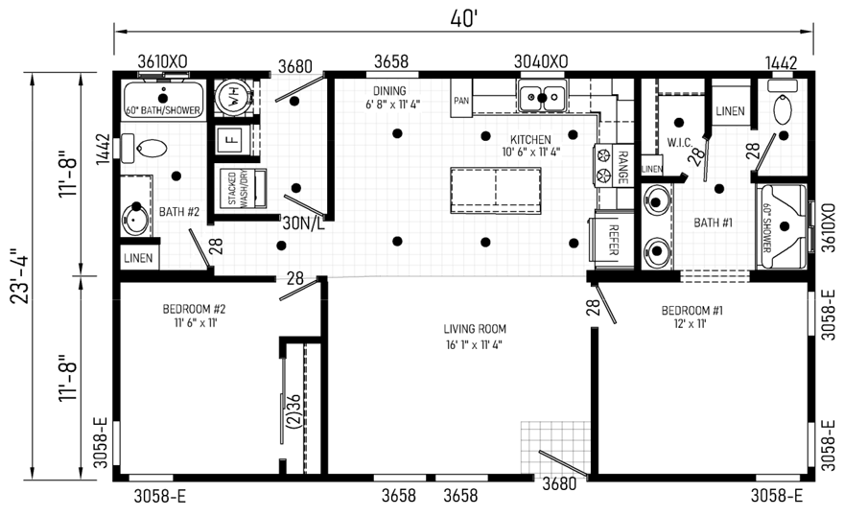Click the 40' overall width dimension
pyautogui.click(x=464, y=19)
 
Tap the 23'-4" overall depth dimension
pyautogui.click(x=21, y=275)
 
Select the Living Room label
pyautogui.click(x=475, y=329)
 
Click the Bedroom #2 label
pyautogui.click(x=194, y=310)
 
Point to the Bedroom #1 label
pyautogui.click(x=692, y=311)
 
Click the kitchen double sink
pyautogui.click(x=542, y=97)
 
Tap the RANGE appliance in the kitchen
pyautogui.click(x=614, y=166)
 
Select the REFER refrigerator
pyautogui.click(x=613, y=240)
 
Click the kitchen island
pyautogui.click(x=496, y=191)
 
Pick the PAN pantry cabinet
pyautogui.click(x=461, y=98)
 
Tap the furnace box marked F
pyautogui.click(x=231, y=140)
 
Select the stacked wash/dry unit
pyautogui.click(x=243, y=188)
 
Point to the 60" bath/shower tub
pyautogui.click(x=163, y=99)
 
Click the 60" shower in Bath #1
pyautogui.click(x=781, y=226)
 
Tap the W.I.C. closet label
pyautogui.click(x=680, y=143)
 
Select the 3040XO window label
pyautogui.click(x=540, y=61)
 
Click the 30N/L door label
pyautogui.click(x=304, y=223)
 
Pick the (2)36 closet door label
pyautogui.click(x=293, y=411)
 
